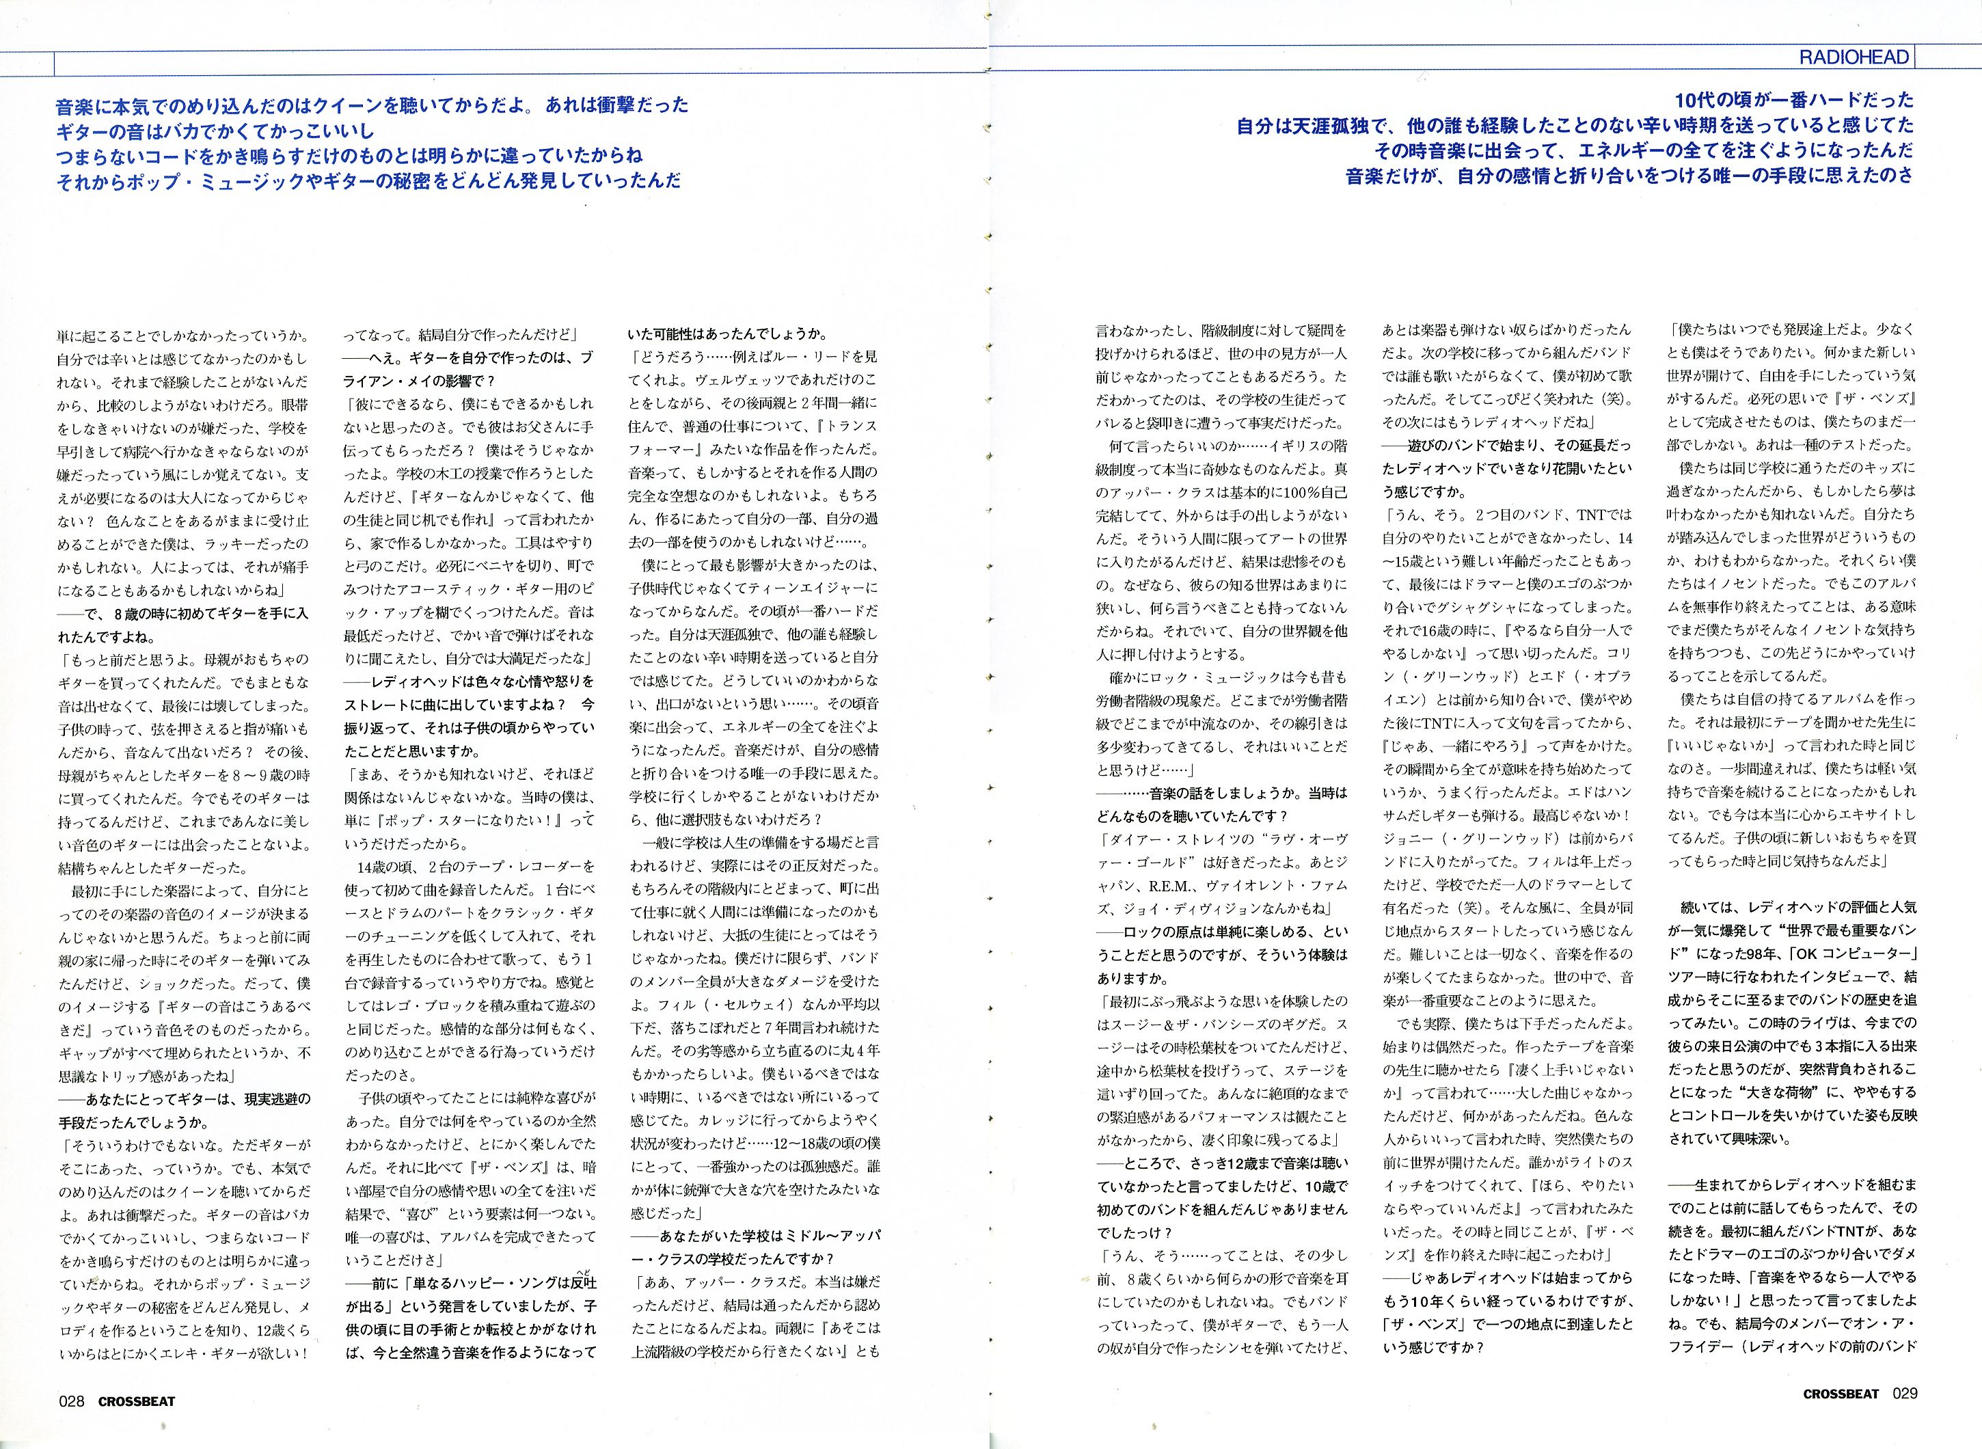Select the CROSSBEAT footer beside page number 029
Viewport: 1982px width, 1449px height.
tap(1840, 1394)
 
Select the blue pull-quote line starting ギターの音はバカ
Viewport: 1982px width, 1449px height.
tap(215, 131)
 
